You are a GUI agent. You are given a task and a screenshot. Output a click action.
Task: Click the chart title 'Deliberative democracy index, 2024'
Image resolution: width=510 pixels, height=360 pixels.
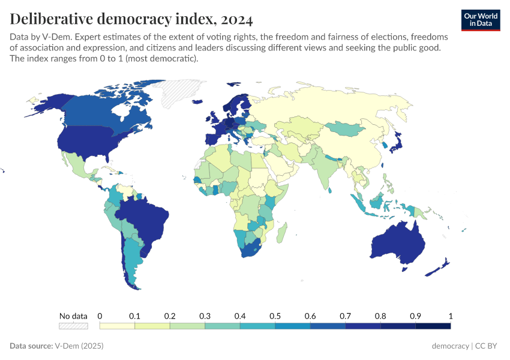click(131, 19)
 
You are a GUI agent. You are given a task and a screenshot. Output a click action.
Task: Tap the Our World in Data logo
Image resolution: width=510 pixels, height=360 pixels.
click(481, 20)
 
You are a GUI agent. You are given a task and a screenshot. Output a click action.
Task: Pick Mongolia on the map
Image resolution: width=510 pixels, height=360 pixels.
click(347, 127)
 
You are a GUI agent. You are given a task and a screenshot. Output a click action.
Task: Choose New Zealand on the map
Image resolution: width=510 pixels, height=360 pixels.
click(442, 267)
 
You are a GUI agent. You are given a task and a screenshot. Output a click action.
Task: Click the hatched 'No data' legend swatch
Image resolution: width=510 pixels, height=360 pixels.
click(73, 326)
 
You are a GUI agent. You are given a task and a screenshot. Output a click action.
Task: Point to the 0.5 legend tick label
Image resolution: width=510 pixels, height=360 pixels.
click(275, 316)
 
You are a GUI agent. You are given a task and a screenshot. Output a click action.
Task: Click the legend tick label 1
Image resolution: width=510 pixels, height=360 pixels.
click(450, 316)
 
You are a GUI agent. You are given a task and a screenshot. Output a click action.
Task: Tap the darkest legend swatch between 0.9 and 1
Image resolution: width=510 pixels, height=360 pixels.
click(433, 326)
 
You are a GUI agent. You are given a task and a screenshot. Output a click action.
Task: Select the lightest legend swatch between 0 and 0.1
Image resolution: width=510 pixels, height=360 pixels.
click(117, 326)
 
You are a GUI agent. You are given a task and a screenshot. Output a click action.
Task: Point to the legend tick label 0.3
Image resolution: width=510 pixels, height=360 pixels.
click(205, 316)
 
